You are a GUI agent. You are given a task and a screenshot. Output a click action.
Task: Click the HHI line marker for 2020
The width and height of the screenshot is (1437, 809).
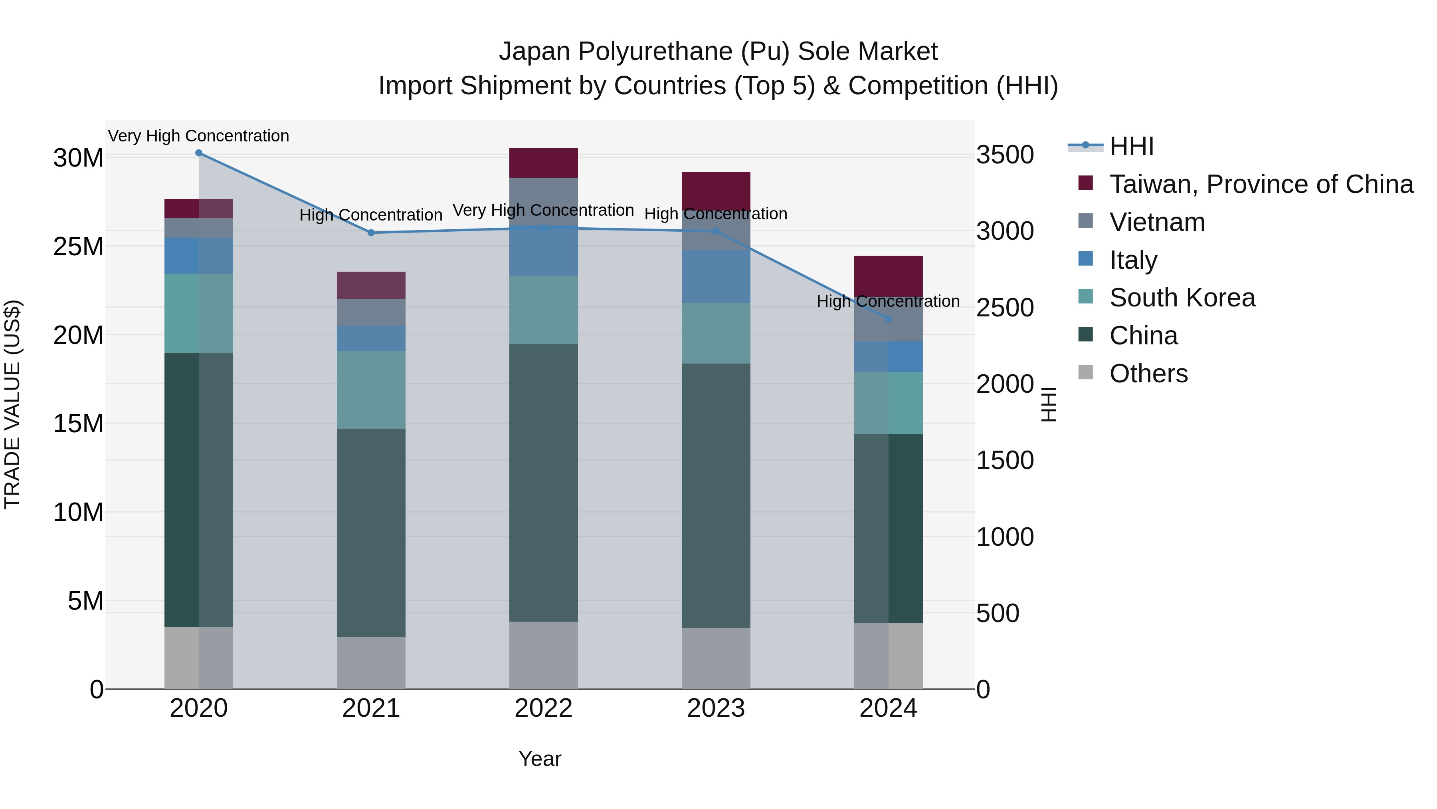199,153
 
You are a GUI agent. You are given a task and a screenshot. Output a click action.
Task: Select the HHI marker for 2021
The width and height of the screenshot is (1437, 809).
371,233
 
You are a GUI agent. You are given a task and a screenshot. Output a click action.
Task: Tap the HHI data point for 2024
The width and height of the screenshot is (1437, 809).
889,319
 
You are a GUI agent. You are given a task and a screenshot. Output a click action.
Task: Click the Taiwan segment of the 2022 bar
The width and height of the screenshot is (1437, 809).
543,163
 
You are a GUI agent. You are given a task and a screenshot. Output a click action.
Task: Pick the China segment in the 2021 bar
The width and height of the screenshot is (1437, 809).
371,533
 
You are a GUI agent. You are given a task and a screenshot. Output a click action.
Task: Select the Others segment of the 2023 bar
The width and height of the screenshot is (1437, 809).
716,658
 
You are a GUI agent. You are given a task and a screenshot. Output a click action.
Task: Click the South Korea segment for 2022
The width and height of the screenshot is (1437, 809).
543,310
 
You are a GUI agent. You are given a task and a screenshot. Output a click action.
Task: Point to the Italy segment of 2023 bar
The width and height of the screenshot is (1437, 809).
716,276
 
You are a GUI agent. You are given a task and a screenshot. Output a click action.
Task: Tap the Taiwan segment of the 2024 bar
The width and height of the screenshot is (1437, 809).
889,276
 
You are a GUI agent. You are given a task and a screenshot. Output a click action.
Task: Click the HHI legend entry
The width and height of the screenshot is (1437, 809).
1131,146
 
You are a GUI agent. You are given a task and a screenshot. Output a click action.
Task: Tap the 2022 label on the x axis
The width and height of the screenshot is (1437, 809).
543,708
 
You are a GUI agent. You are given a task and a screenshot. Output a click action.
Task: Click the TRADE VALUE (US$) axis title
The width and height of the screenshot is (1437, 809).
12,404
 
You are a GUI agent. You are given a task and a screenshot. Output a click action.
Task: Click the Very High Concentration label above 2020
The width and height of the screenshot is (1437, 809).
199,136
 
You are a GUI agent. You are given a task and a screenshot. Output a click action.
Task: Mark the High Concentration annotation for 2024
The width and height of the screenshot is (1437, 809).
888,302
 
